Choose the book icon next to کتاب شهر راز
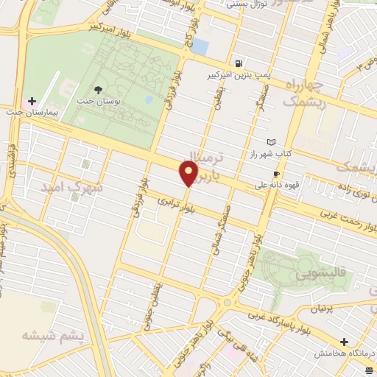[272, 141]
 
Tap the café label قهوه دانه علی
[277, 186]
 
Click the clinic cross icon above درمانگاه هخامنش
[344, 342]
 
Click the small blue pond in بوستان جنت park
[149, 99]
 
